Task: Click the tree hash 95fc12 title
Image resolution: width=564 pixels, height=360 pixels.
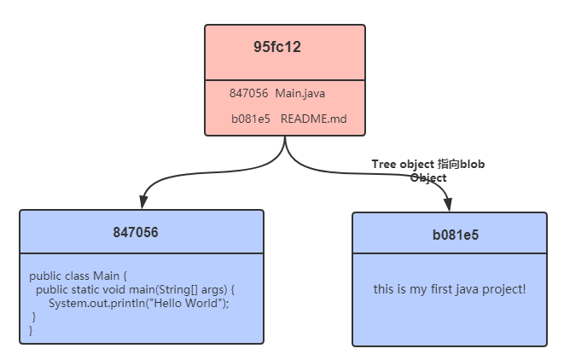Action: click(x=276, y=48)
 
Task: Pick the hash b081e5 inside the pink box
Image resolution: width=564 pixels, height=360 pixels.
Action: click(x=250, y=119)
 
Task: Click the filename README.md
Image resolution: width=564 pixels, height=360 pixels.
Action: click(x=313, y=119)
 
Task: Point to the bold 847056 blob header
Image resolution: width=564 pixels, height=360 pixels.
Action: click(x=136, y=232)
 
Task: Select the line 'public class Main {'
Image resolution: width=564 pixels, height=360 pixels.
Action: click(x=78, y=276)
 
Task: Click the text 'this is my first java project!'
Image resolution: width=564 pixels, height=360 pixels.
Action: click(x=450, y=290)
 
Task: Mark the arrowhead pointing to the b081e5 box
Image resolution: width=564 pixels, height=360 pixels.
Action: click(x=448, y=205)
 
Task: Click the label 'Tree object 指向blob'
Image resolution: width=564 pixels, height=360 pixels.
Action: click(x=428, y=164)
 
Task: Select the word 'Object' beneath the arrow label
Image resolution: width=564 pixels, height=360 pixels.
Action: click(x=427, y=177)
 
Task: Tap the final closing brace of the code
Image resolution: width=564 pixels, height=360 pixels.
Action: click(x=32, y=330)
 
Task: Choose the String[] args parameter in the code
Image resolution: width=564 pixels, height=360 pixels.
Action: click(x=193, y=290)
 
